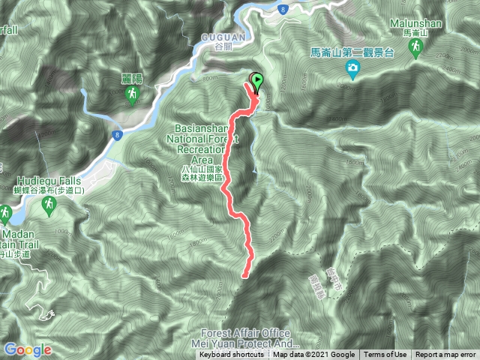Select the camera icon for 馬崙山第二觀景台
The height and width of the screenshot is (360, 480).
click(352, 70)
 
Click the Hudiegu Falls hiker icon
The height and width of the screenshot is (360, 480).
click(49, 205)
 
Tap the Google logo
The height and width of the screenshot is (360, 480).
click(27, 349)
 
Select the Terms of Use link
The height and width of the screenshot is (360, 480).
click(385, 355)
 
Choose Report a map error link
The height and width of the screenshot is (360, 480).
click(446, 355)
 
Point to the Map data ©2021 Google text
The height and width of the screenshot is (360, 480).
click(313, 355)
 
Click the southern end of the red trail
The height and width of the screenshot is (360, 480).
click(244, 275)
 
